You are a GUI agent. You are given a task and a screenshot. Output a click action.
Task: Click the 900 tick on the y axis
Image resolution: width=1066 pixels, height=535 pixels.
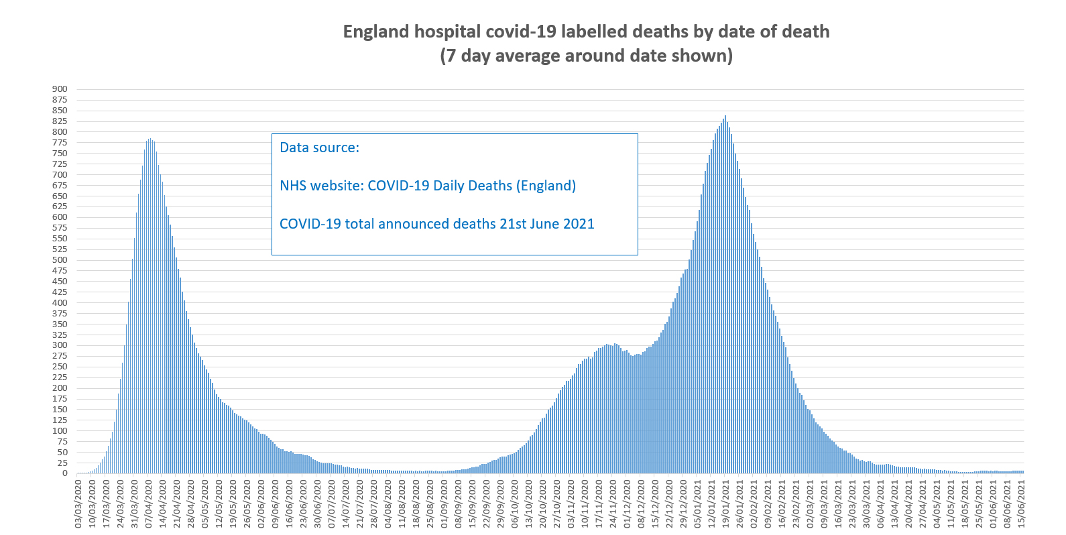coord(60,89)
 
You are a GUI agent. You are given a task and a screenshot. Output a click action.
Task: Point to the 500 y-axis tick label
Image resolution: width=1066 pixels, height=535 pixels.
coord(60,260)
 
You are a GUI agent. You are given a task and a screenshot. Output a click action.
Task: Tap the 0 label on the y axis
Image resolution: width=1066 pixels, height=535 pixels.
coord(64,473)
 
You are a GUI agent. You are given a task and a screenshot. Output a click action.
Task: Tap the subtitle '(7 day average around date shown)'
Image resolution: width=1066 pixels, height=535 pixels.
coord(586,56)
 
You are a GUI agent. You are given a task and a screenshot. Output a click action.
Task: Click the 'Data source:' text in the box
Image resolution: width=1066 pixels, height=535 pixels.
coord(319,147)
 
